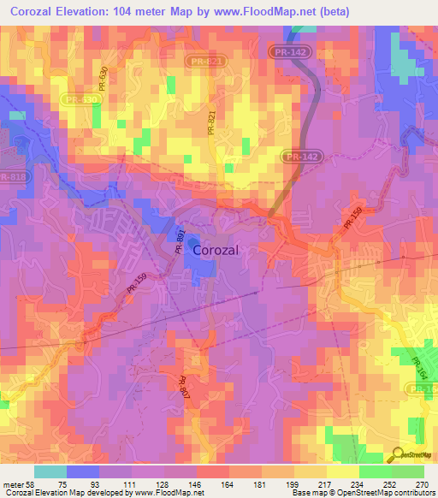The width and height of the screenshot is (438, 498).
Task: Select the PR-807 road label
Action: pos(185,389)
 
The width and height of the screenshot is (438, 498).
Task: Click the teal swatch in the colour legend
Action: pos(50,471)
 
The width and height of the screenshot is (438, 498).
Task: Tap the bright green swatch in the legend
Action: pos(376,471)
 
